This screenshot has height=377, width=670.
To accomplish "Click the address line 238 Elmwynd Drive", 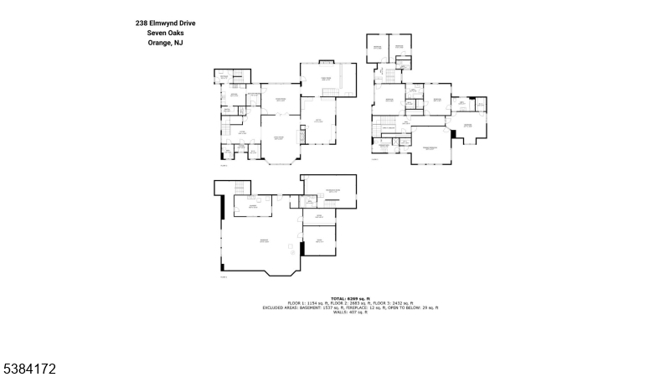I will coord(165,23).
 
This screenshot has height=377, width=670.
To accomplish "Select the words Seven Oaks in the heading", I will coord(165,33).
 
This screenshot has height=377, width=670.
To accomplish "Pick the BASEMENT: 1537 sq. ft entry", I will coord(314,307).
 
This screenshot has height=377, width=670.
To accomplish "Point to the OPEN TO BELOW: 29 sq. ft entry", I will coord(414,307).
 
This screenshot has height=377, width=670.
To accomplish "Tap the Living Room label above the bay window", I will coord(279,138).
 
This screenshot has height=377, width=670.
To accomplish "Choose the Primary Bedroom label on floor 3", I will coord(430,148).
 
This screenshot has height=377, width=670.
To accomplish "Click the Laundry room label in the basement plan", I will coord(251,206).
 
